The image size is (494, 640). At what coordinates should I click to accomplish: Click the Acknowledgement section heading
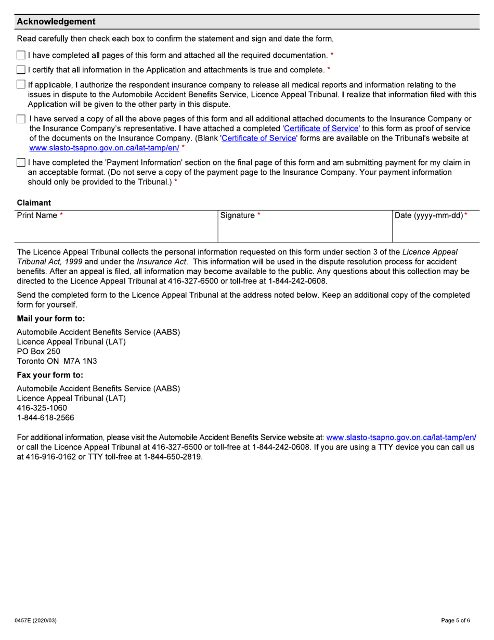(56, 22)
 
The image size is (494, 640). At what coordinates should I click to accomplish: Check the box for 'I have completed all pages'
(21, 55)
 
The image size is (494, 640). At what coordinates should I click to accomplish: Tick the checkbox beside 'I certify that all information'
(21, 70)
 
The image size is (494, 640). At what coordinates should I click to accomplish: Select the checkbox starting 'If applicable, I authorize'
(21, 84)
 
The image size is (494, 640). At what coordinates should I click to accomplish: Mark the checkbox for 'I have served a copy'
(21, 119)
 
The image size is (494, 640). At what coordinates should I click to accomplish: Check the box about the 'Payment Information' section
(21, 163)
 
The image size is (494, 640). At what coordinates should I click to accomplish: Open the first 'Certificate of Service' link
(321, 129)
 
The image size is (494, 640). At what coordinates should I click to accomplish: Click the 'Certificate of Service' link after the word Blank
(258, 138)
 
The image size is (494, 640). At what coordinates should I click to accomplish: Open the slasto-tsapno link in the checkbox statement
(104, 148)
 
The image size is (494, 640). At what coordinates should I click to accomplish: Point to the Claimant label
(34, 202)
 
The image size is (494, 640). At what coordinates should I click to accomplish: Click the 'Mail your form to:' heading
(51, 318)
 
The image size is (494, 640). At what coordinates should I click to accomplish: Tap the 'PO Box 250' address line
(38, 351)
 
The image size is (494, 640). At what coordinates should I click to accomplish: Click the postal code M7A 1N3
(80, 361)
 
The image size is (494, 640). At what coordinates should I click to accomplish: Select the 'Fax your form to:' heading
(50, 375)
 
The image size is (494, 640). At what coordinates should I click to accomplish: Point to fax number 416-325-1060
(42, 408)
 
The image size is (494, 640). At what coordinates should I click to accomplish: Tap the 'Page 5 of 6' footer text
(456, 620)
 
